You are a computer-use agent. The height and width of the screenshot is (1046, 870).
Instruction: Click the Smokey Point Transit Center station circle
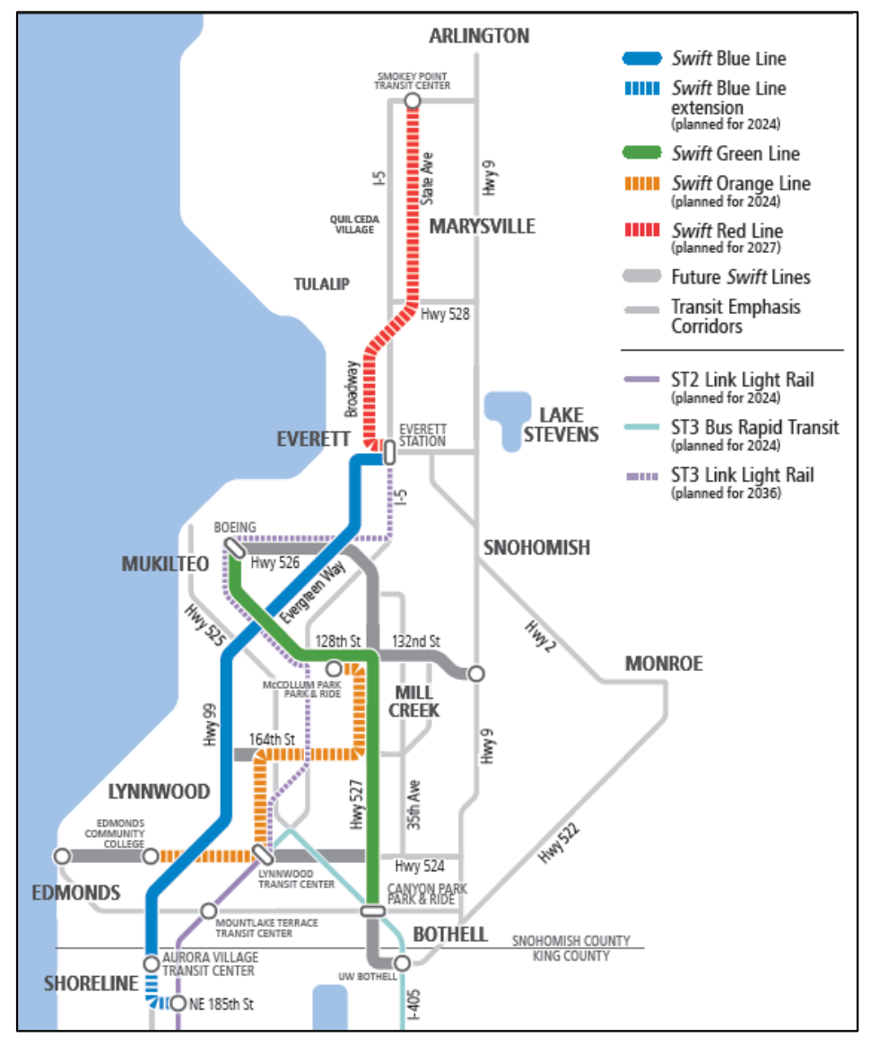pos(412,101)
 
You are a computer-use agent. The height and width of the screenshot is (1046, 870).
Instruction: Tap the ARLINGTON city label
pos(479,37)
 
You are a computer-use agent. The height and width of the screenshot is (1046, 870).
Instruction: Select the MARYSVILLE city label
pos(482,226)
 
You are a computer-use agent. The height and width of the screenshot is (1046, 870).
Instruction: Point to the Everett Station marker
pos(389,453)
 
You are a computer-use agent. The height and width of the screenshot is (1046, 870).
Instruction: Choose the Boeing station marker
pos(234,546)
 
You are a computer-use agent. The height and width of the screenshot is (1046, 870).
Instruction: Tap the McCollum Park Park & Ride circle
pos(333,668)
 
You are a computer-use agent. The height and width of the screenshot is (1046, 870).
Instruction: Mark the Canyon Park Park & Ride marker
pos(373,911)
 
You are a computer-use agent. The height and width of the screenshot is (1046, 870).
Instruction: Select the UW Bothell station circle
pos(402,963)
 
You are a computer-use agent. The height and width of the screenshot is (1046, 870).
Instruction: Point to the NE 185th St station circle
pos(178,1004)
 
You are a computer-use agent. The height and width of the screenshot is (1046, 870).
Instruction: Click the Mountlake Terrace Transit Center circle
pos(208,911)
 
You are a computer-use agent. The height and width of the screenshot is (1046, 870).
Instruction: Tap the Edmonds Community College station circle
pos(151,856)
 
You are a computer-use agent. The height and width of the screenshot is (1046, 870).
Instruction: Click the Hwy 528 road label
pos(445,315)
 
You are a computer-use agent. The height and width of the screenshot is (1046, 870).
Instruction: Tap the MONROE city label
pos(664,664)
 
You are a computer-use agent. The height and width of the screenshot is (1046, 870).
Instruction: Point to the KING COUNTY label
pos(571,956)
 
